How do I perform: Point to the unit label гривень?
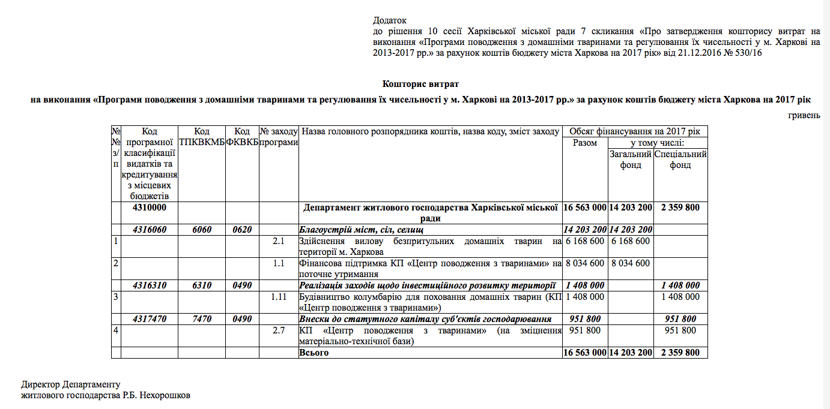pos(804,115)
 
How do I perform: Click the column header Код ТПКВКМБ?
pos(202,137)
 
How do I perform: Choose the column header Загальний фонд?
pos(631,160)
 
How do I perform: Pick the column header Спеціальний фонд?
pos(680,160)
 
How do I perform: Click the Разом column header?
pos(585,143)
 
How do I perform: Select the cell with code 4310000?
pos(149,207)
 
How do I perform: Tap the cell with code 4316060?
pos(149,230)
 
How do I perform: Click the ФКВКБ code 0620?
pos(242,230)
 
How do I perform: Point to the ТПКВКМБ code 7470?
pos(202,319)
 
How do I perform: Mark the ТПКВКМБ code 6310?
pos(202,285)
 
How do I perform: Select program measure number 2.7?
pos(279,330)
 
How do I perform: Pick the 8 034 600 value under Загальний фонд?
pos(631,263)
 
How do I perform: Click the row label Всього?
pos(314,353)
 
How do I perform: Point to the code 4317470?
pos(149,319)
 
